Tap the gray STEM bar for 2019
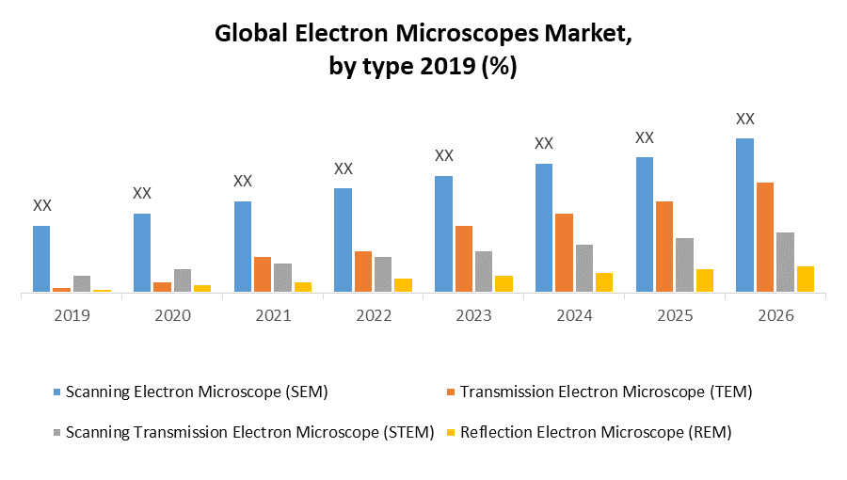click(x=82, y=283)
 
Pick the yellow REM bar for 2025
click(x=705, y=280)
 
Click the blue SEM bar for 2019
click(x=41, y=259)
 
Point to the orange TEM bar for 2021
click(x=263, y=274)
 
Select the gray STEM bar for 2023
click(x=483, y=271)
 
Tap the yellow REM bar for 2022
click(x=403, y=285)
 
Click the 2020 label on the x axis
click(x=172, y=315)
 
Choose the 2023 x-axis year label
click(x=473, y=315)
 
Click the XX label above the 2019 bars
click(x=42, y=205)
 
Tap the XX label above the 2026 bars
click(x=744, y=119)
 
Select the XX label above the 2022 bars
click(x=344, y=168)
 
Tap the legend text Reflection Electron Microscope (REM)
click(x=596, y=432)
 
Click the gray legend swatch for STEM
click(x=56, y=432)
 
